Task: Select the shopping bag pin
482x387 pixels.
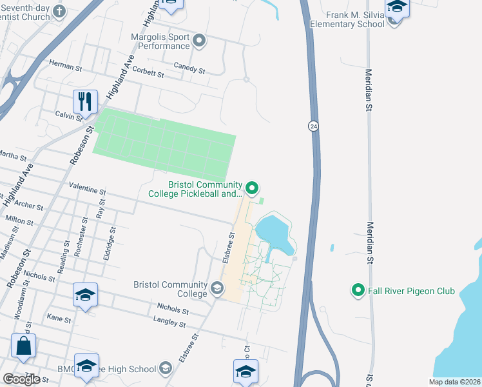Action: pyautogui.click(x=24, y=346)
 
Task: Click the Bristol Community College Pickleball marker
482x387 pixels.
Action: pyautogui.click(x=252, y=189)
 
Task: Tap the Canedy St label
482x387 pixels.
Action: pyautogui.click(x=189, y=67)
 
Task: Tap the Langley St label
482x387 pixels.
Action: pyautogui.click(x=169, y=321)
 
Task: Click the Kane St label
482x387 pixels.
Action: pyautogui.click(x=58, y=318)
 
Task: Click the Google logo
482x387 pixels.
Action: pyautogui.click(x=21, y=379)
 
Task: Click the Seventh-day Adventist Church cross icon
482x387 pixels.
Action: pyautogui.click(x=60, y=11)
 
